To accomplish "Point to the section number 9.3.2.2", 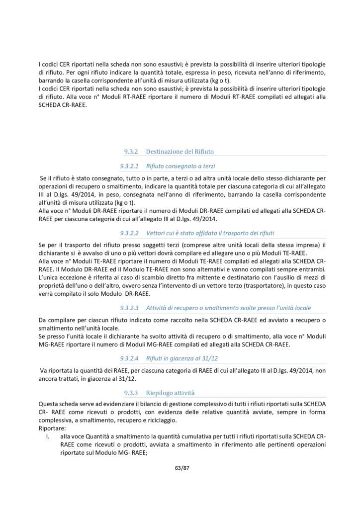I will coord(131,233).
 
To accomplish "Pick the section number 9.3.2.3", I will coord(131,308).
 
